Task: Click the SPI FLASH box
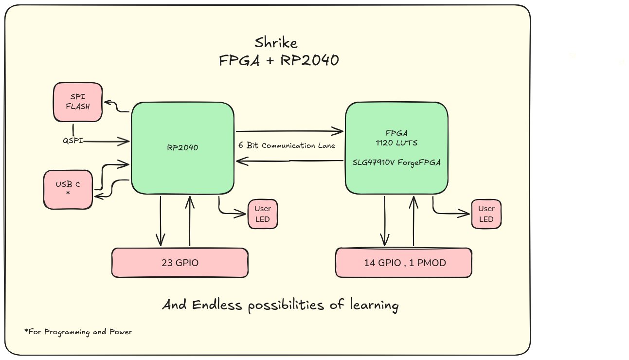tap(78, 102)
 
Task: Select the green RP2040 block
tap(182, 149)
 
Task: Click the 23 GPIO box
tap(180, 263)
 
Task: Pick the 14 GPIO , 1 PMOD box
tap(404, 263)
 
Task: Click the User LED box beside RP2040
tap(263, 214)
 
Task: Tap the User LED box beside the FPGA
tap(486, 214)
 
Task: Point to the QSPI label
tap(72, 141)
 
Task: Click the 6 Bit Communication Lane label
tap(287, 145)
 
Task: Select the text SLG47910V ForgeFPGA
tap(396, 162)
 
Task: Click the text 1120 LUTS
tap(396, 144)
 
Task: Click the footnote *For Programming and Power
tap(78, 332)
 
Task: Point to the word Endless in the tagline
tap(216, 306)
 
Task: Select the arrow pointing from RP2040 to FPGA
tap(289, 131)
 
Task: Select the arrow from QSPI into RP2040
tap(107, 142)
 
